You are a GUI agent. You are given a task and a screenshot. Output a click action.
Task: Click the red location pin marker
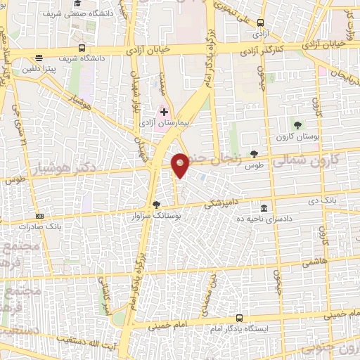181,165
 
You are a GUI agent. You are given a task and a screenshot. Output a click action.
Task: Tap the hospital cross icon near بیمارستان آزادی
165,112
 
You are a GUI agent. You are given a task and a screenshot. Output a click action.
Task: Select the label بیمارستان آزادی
175,124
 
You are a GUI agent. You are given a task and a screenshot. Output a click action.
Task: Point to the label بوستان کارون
298,136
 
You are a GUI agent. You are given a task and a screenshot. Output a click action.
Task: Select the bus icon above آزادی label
260,22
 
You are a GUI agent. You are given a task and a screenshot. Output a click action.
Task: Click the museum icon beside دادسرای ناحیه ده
264,208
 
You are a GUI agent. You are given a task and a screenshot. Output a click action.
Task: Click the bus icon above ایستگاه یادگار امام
240,318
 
